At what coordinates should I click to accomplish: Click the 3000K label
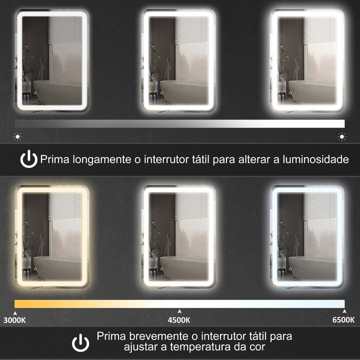pyautogui.click(x=15, y=320)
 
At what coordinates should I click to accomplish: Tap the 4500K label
pyautogui.click(x=179, y=320)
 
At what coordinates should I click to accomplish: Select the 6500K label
pyautogui.click(x=343, y=320)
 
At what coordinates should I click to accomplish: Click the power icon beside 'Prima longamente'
pyautogui.click(x=28, y=159)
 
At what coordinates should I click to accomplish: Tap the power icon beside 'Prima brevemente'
pyautogui.click(x=80, y=343)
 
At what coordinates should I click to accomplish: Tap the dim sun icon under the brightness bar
pyautogui.click(x=18, y=135)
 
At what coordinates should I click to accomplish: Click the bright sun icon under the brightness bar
pyautogui.click(x=342, y=135)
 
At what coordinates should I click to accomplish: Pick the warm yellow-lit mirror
pyautogui.click(x=52, y=237)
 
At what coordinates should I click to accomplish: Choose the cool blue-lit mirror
pyautogui.click(x=307, y=237)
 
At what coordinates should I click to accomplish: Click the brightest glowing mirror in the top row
pyautogui.click(x=307, y=60)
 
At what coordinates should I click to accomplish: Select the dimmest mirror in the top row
pyautogui.click(x=52, y=60)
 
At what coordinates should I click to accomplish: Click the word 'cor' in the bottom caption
pyautogui.click(x=256, y=346)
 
